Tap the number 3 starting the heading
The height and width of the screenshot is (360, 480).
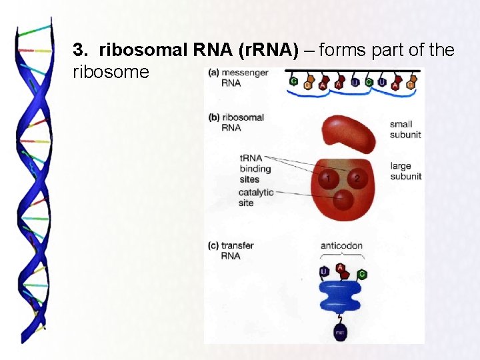click(x=79, y=51)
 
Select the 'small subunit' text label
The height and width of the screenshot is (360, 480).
click(x=405, y=129)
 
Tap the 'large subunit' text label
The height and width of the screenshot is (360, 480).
click(x=405, y=171)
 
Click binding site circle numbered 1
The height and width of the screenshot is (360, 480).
click(x=327, y=178)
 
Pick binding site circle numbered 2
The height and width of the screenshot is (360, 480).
click(x=356, y=178)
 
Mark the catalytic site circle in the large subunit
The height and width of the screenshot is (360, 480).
click(x=342, y=199)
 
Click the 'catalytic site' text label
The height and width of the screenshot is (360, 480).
click(x=256, y=197)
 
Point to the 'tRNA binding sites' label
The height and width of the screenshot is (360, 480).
click(x=255, y=169)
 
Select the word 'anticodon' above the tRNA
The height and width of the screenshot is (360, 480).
click(x=341, y=245)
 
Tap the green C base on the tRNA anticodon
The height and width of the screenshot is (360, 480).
click(x=361, y=273)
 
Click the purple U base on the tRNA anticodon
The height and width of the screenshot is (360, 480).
click(x=323, y=272)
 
